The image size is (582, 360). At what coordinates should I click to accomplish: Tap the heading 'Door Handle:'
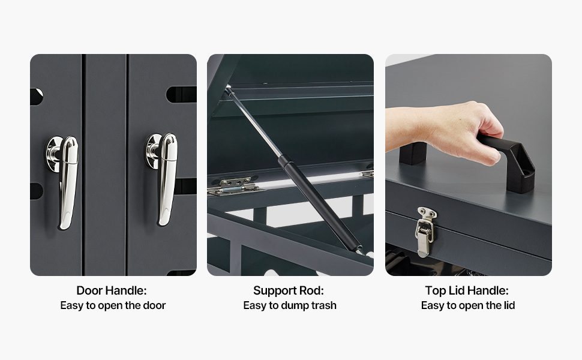click(112, 290)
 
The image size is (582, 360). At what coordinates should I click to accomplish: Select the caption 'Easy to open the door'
click(113, 305)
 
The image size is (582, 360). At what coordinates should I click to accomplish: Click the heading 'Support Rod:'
click(289, 290)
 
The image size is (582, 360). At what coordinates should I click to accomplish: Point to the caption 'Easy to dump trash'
click(290, 305)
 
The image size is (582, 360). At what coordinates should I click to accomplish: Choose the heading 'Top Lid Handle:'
click(467, 290)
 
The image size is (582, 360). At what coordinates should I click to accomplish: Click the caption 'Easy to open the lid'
click(468, 305)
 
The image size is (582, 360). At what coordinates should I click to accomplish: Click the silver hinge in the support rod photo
click(234, 186)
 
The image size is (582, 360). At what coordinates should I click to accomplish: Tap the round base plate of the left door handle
click(54, 154)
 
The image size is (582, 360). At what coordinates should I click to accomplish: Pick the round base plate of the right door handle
click(152, 151)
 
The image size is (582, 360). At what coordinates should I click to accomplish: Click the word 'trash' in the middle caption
click(324, 305)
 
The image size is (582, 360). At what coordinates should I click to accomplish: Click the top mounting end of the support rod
click(228, 88)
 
